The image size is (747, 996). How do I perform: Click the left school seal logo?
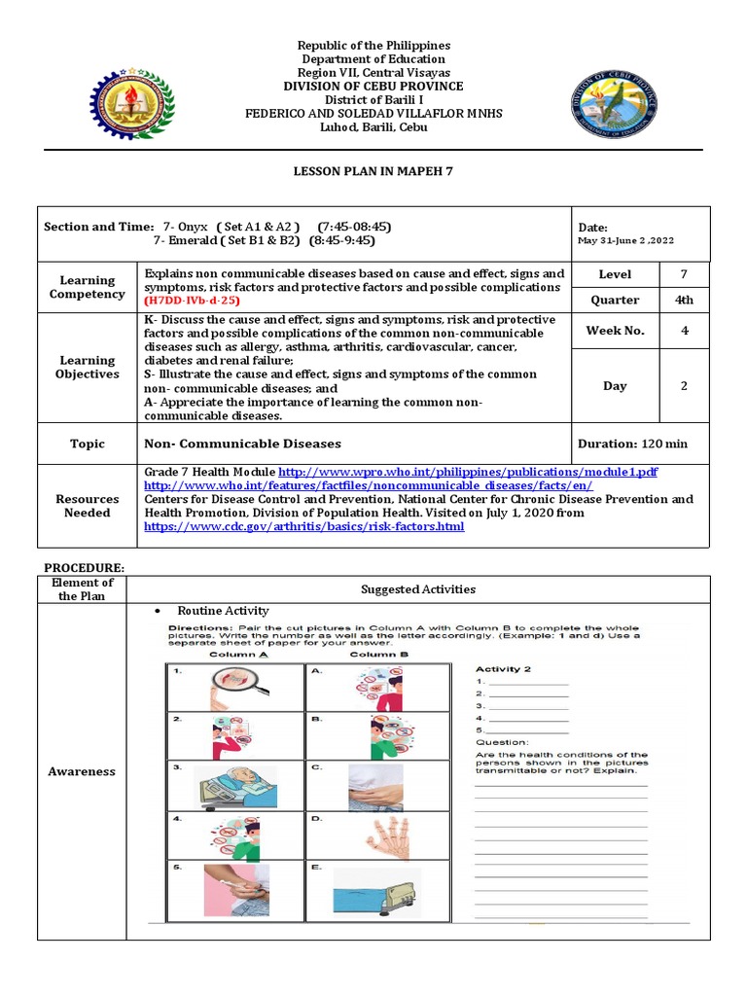coord(134,103)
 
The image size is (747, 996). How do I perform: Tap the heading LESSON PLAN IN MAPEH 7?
coord(373,170)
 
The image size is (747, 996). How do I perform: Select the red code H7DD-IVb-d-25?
coord(192,302)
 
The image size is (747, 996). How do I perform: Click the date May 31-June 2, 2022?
coord(625,241)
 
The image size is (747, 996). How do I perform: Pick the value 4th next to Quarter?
coord(684,301)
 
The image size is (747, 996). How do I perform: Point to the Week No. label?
coord(615,331)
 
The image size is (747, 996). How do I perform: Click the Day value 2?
coord(684,386)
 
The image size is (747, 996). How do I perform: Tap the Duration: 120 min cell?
coord(632,444)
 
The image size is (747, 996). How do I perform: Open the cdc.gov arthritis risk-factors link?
coord(303,526)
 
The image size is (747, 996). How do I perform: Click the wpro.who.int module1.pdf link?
coord(469,471)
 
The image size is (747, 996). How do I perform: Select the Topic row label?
coord(88,444)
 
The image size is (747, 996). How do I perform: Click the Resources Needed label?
coord(88,506)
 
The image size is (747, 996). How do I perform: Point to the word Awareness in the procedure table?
coord(82,771)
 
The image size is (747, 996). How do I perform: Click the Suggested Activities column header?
coord(418,589)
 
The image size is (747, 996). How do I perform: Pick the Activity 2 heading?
coord(503,669)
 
